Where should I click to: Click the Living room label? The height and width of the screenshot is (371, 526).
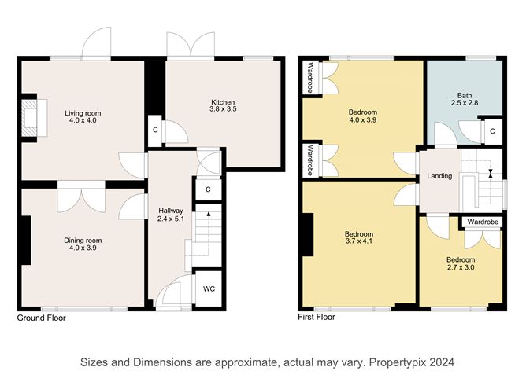(83, 113)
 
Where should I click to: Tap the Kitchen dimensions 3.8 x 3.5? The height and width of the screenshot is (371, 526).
(223, 109)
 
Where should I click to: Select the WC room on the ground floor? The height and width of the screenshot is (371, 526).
(209, 288)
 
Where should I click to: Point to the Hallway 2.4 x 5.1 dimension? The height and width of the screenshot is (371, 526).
(171, 219)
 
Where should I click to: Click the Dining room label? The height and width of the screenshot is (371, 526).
(83, 241)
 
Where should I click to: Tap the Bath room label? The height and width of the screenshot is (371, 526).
(465, 96)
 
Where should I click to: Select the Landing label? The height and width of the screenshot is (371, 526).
(439, 176)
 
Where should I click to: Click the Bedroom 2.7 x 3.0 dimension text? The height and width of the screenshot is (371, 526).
(461, 267)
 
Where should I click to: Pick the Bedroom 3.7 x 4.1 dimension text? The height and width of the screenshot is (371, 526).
(359, 241)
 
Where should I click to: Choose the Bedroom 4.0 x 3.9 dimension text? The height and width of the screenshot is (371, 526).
(363, 119)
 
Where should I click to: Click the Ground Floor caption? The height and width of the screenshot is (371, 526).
(41, 318)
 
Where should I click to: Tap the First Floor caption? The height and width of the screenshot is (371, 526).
(317, 317)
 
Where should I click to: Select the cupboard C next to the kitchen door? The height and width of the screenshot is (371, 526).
(155, 130)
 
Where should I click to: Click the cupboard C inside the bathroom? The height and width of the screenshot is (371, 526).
(492, 131)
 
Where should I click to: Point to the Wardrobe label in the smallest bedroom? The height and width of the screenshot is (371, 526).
(483, 222)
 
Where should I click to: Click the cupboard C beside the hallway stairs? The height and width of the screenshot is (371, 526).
(208, 189)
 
